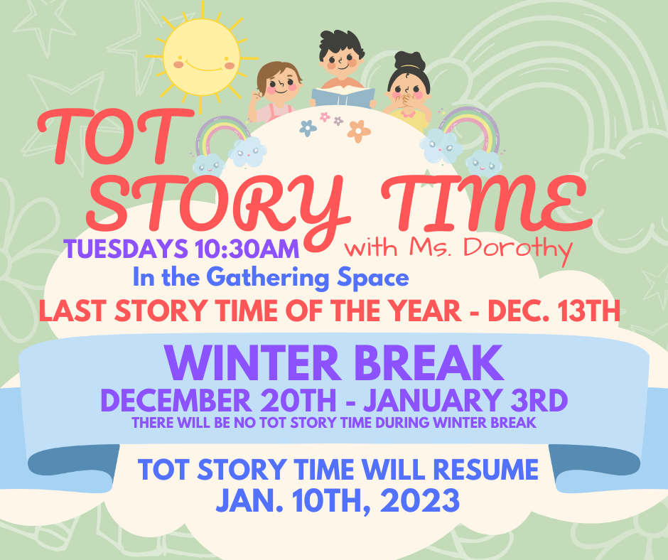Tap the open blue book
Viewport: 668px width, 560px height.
(x=343, y=97)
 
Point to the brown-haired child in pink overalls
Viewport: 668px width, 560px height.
(x=276, y=92)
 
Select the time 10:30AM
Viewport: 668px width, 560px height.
(x=247, y=249)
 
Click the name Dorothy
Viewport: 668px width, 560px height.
(x=517, y=249)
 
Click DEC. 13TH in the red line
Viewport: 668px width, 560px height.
(x=554, y=311)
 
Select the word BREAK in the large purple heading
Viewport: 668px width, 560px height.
(x=429, y=363)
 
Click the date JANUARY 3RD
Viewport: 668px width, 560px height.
(x=465, y=400)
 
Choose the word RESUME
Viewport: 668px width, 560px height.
(x=485, y=469)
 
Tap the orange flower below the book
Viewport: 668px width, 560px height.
(x=359, y=131)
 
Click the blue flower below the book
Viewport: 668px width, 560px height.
(x=308, y=128)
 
